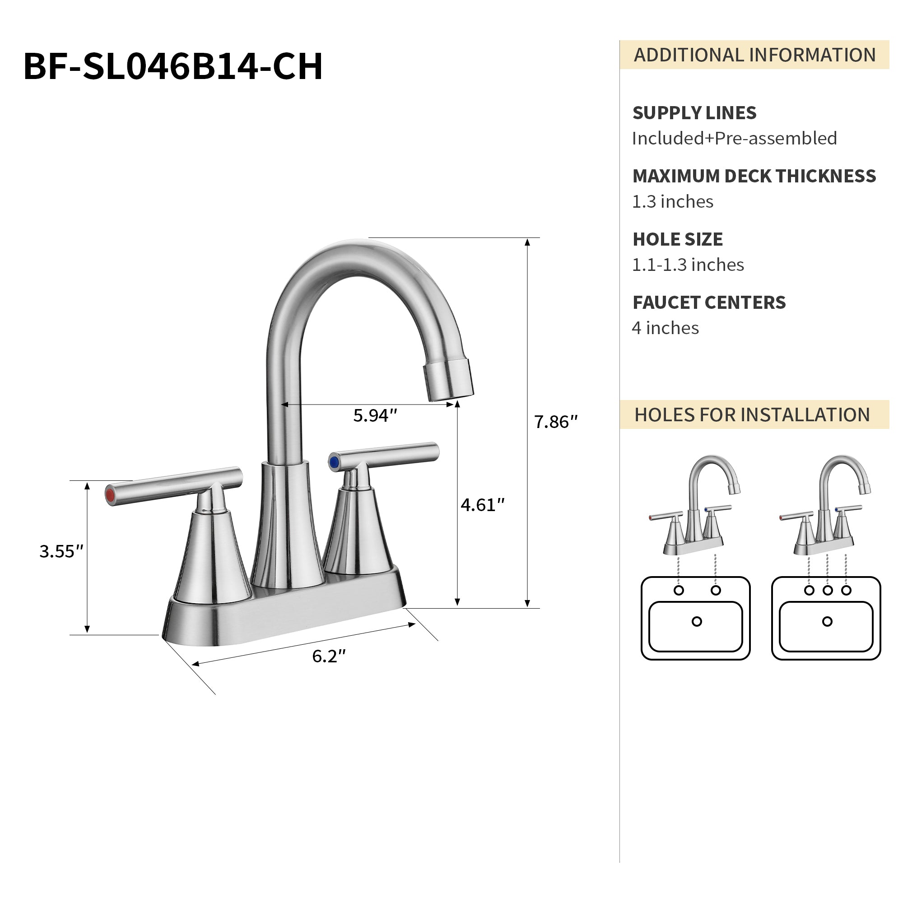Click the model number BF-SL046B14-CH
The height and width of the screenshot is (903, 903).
173,66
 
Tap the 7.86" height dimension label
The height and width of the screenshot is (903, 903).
556,422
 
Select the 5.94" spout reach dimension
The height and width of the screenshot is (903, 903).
375,415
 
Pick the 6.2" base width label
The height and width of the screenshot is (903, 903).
329,656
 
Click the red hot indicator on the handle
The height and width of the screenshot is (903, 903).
110,495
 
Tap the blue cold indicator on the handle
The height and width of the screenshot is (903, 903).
334,462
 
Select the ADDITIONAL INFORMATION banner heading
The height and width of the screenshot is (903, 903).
754,55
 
